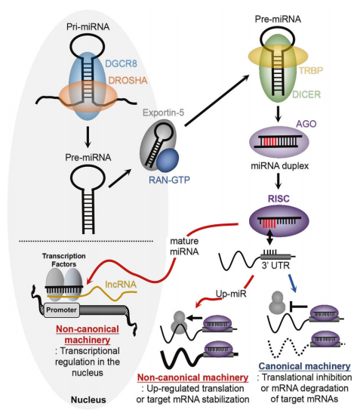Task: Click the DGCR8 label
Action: coord(121,63)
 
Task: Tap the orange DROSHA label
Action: coord(128,80)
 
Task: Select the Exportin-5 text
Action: coord(164,112)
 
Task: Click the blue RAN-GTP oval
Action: coord(168,160)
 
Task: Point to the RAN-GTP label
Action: coord(169,180)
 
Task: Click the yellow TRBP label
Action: coord(311,70)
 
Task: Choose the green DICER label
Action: coord(306,94)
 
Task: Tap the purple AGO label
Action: coord(306,124)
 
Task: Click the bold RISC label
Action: coord(278,199)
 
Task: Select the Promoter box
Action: coord(62,310)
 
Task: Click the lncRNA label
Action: coord(121,284)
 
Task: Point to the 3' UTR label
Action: coord(275,266)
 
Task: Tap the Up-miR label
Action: coord(231,294)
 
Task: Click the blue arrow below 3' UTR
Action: coord(292,283)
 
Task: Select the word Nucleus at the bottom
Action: coord(88,399)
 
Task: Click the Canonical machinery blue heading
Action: coord(304,366)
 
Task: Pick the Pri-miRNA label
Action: coord(88,26)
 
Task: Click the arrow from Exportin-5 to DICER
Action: coord(217,100)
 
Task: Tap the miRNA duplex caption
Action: coord(280,165)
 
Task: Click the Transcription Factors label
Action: coord(63,260)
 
